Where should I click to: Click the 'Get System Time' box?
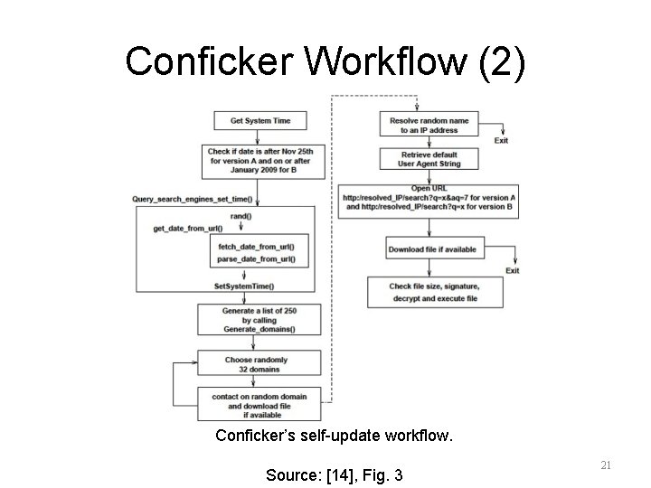pos(261,120)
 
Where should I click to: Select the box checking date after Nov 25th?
pos(261,161)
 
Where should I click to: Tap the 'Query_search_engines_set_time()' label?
pos(193,198)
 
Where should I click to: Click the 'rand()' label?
pos(241,217)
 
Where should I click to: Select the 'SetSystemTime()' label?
pos(243,286)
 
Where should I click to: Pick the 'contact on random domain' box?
pos(259,404)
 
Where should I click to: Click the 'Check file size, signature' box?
pos(435,292)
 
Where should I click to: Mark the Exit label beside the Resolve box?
pos(501,141)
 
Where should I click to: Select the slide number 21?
pos(606,465)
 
